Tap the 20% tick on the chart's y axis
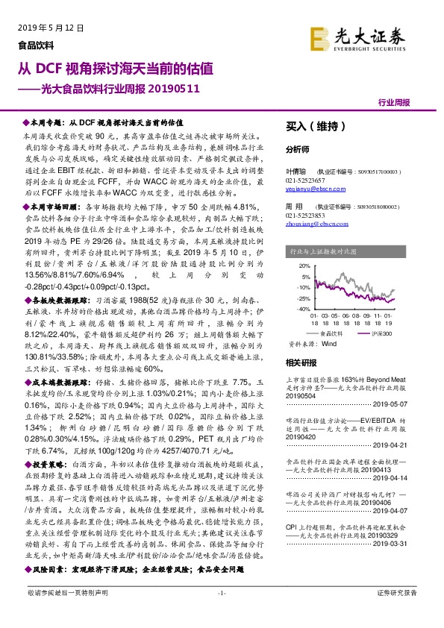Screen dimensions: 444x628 tap(304, 265)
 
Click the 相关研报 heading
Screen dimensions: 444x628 tap(302, 362)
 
